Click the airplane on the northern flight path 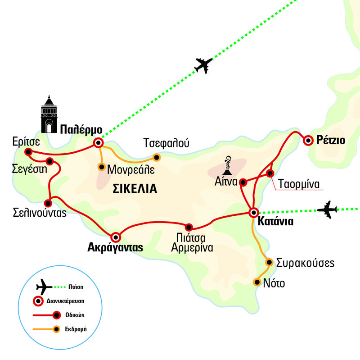click(203, 65)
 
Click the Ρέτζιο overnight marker click(308, 140)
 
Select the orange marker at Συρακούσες click(269, 262)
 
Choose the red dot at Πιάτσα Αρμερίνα click(189, 227)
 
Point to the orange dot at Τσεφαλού click(156, 157)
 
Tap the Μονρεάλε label click(131, 169)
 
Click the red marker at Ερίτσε click(28, 152)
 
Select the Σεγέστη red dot click(50, 161)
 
